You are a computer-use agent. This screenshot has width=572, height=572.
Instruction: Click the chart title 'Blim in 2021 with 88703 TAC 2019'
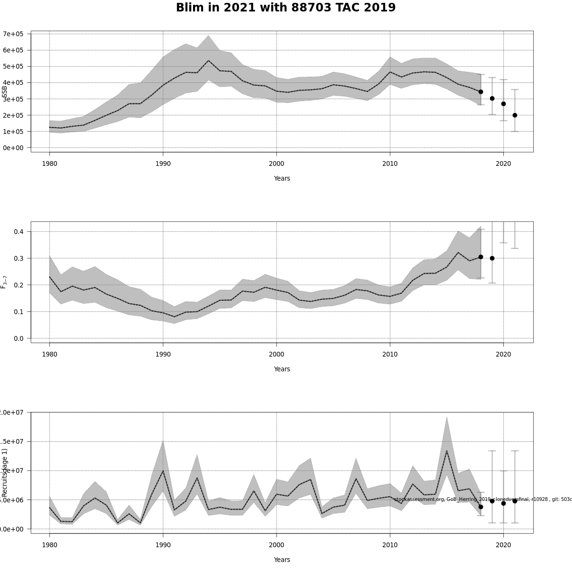coord(286,8)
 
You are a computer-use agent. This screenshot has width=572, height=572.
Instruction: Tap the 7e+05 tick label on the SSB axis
coord(13,34)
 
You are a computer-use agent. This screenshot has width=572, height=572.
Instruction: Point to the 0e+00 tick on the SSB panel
coord(13,148)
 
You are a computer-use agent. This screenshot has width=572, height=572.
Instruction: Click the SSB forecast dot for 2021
coord(515,115)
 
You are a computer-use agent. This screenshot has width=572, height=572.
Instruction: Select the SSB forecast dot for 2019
coord(492,99)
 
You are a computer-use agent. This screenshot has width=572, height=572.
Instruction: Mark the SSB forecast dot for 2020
coord(503,104)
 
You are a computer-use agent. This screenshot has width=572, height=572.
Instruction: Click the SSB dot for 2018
coord(480,92)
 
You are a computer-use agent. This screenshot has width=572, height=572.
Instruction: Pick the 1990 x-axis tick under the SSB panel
coord(163,163)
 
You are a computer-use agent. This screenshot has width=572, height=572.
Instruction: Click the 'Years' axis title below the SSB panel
coord(282,178)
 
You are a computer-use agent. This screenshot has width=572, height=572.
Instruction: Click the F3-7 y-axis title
coord(4,282)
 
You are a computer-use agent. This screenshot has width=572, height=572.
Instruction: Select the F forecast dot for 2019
coord(492,258)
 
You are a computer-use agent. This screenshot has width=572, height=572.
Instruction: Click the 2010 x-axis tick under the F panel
coord(390,354)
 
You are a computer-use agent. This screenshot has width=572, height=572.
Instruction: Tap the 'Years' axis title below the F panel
coord(282,369)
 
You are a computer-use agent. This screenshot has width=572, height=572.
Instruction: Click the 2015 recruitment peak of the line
coord(447,451)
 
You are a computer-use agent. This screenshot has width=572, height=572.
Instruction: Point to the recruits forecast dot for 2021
coord(515,501)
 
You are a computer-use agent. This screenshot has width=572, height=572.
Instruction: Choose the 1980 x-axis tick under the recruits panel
coord(50,545)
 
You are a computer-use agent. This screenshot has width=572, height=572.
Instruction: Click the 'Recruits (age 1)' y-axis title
coord(5,472)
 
